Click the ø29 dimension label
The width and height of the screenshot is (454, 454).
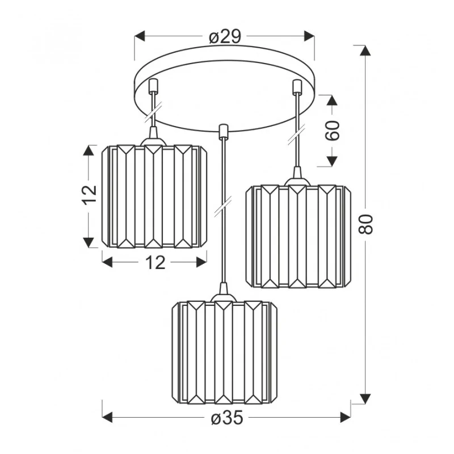[x=225, y=37]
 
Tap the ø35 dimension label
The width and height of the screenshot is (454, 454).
[x=227, y=418]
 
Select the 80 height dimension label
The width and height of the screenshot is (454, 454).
[x=365, y=224]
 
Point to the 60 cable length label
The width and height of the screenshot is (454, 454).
[x=332, y=131]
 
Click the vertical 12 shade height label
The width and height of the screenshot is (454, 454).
[x=90, y=195]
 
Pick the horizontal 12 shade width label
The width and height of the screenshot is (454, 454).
[x=155, y=263]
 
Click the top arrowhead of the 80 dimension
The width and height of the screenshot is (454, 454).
[x=365, y=51]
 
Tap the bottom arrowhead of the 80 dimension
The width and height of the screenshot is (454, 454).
[x=365, y=399]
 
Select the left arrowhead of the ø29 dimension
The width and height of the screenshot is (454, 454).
[x=140, y=36]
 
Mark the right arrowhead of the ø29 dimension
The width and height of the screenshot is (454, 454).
[x=309, y=36]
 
